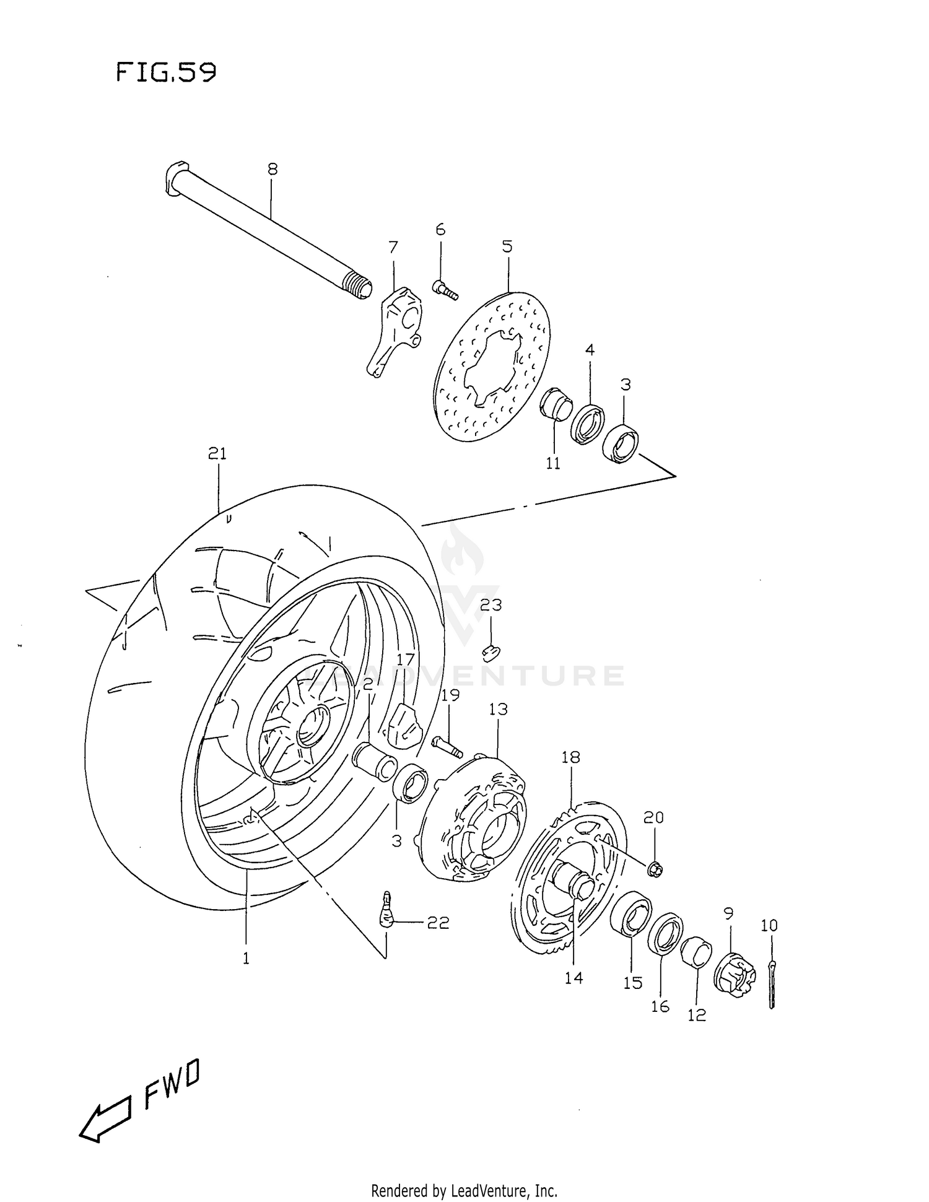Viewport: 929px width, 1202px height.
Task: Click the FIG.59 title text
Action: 166,73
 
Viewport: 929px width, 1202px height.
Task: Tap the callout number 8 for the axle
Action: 273,169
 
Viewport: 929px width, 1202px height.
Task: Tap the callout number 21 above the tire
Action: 217,454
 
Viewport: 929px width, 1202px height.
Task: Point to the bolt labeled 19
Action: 447,746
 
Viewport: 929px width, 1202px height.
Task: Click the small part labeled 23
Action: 491,651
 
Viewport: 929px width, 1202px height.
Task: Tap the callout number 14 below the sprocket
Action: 574,978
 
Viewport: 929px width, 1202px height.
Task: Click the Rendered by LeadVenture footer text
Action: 464,1190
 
